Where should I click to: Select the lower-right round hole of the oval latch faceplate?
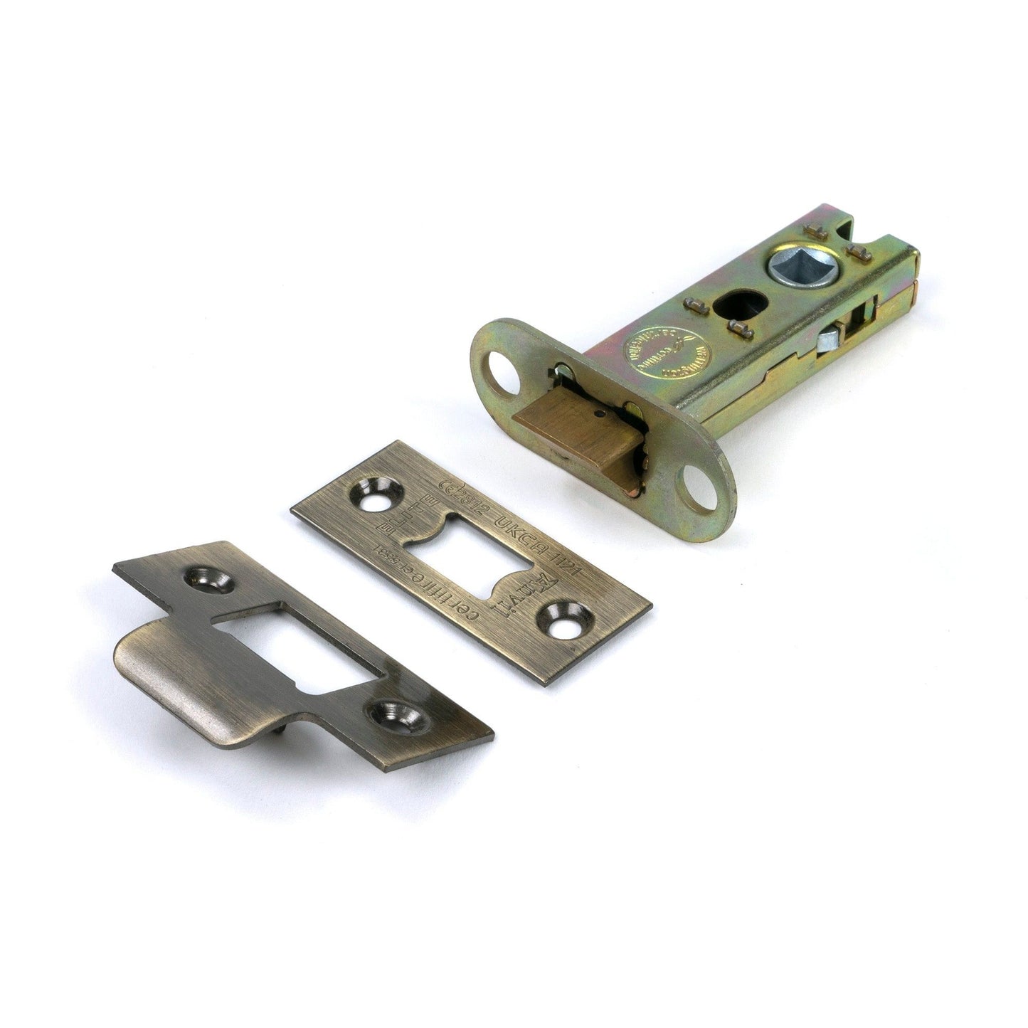[700, 490]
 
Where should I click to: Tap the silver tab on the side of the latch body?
[828, 341]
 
